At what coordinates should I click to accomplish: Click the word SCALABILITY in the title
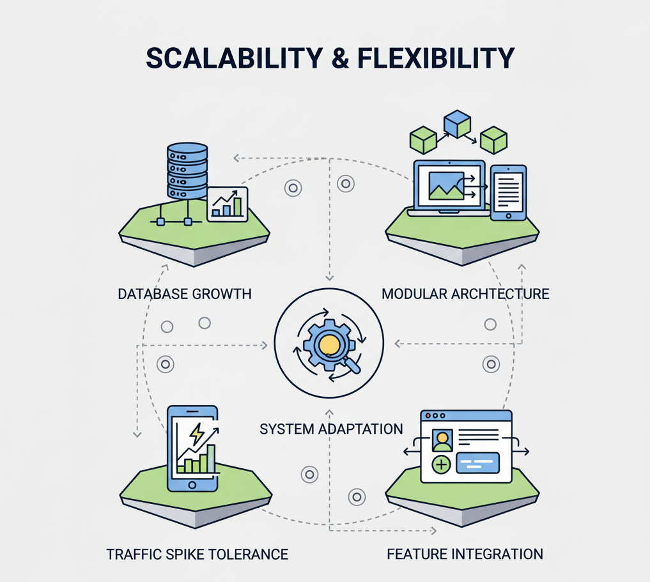coord(234,58)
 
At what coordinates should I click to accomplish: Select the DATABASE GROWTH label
coord(185,294)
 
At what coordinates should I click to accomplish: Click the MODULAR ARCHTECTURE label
coord(465,294)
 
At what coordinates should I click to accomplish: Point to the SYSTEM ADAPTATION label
coord(331,429)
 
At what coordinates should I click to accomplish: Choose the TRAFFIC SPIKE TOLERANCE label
coord(197,554)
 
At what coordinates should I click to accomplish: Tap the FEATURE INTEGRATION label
coord(465,554)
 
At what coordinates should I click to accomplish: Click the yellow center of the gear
coord(329,344)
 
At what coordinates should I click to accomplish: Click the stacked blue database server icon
coord(187,171)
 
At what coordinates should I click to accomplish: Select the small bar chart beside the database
coord(228,205)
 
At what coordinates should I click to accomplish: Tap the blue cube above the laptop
coord(457,123)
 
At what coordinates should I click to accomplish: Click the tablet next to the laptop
coord(508,192)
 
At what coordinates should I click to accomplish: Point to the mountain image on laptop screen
coord(446,186)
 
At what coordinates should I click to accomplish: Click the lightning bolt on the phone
coord(197,434)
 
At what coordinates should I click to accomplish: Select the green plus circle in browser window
coord(442,465)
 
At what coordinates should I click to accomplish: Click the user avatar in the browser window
coord(442,440)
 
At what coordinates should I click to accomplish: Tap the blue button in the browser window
coord(477,463)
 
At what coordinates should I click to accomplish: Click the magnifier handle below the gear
coord(352,366)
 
